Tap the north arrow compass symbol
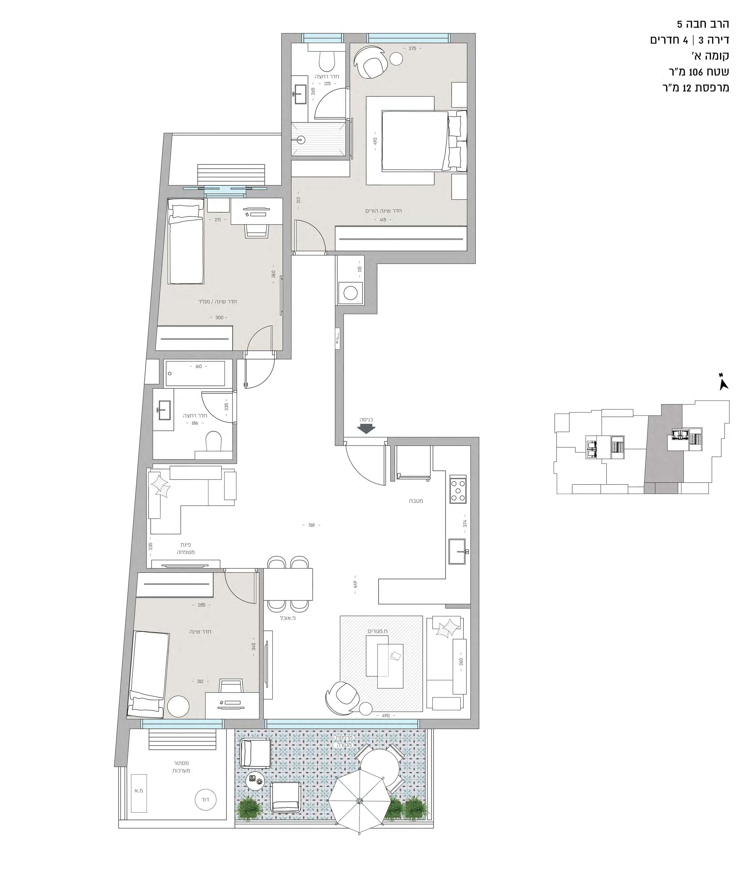pyautogui.click(x=724, y=383)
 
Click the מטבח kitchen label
pyautogui.click(x=416, y=501)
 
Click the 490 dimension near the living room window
pyautogui.click(x=386, y=715)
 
